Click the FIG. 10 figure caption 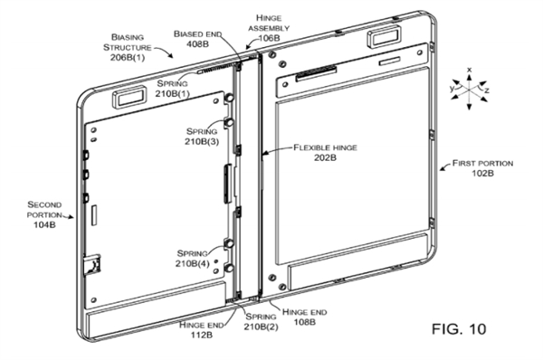tap(459, 329)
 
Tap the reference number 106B tap(270, 38)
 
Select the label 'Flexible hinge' tap(325, 147)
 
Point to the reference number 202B tap(325, 158)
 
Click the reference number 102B tap(483, 173)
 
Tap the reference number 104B tap(44, 224)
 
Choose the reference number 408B tap(197, 44)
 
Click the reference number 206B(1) tap(128, 58)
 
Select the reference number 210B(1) tap(172, 93)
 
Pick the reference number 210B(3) tap(202, 142)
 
